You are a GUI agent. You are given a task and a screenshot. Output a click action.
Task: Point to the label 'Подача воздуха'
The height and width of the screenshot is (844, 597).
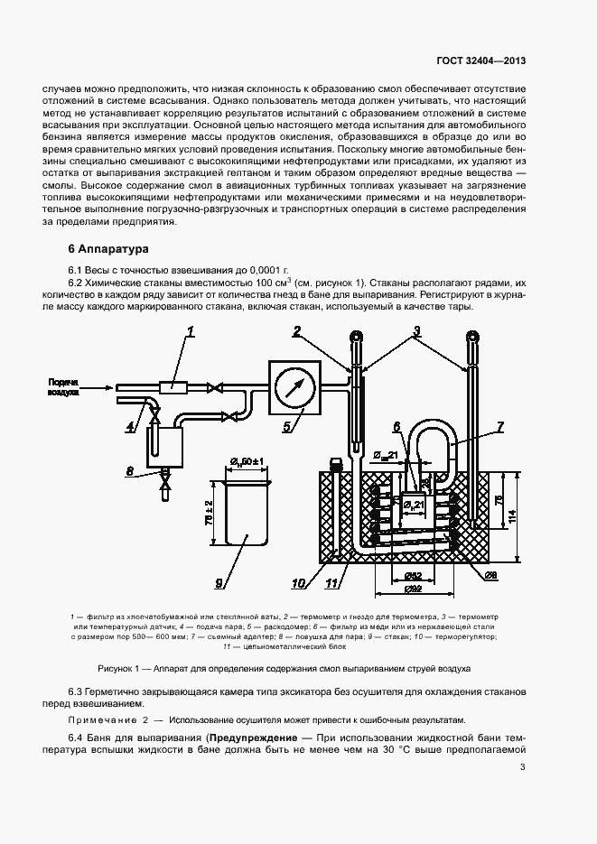click(x=63, y=387)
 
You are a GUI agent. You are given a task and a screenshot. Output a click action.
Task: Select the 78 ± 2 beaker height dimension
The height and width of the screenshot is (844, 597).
click(x=209, y=514)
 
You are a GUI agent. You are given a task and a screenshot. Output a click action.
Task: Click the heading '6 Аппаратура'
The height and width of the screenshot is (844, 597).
click(x=101, y=247)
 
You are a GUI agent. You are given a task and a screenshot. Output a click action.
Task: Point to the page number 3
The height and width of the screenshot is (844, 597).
click(x=523, y=768)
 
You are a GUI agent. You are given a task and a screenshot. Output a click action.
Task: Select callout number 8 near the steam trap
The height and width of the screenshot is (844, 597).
click(x=128, y=471)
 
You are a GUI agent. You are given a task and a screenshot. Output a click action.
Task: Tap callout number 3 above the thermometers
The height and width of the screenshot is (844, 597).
click(x=416, y=332)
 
